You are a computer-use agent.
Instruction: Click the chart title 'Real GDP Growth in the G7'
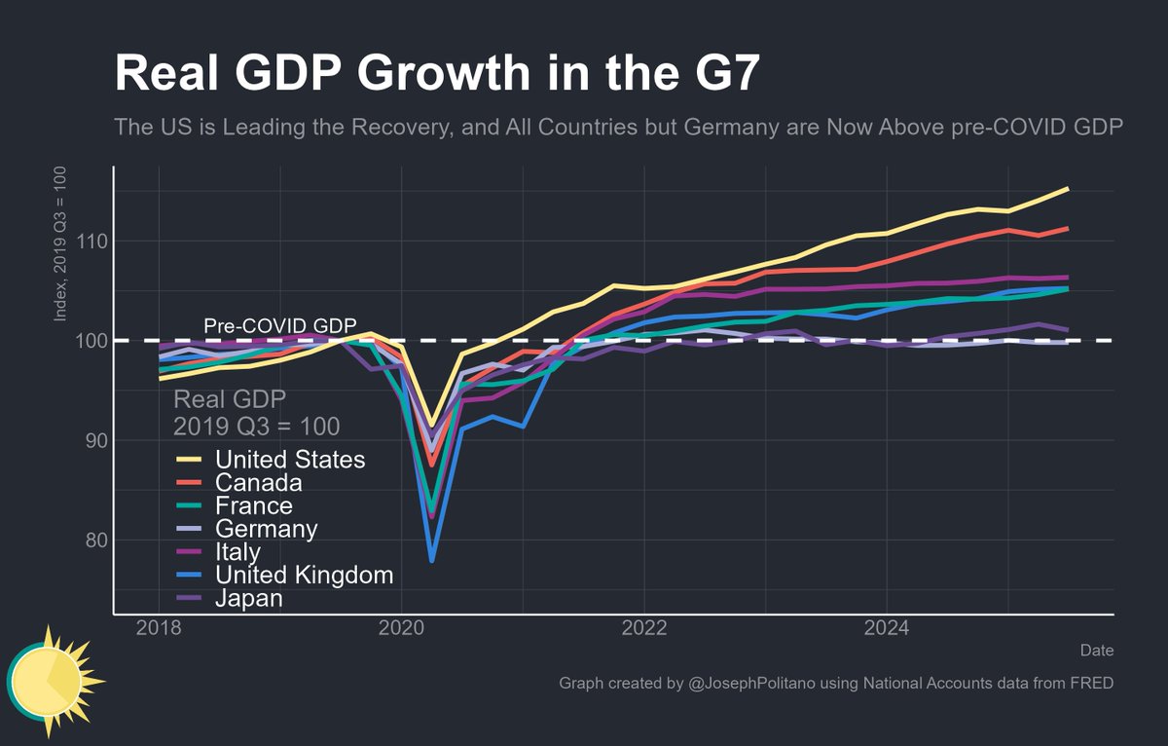435,73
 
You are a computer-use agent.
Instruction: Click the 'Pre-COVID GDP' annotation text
280,325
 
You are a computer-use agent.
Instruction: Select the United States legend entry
290,460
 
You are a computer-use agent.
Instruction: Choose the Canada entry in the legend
258,483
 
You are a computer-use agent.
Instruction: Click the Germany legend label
266,529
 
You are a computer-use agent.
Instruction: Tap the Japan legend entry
248,598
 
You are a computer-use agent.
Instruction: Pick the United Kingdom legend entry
304,575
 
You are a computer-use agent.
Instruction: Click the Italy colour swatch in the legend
189,552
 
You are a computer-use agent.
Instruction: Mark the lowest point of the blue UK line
431,561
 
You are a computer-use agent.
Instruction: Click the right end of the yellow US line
1068,189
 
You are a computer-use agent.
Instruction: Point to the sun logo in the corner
47,678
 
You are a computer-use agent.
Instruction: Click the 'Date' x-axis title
1097,650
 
